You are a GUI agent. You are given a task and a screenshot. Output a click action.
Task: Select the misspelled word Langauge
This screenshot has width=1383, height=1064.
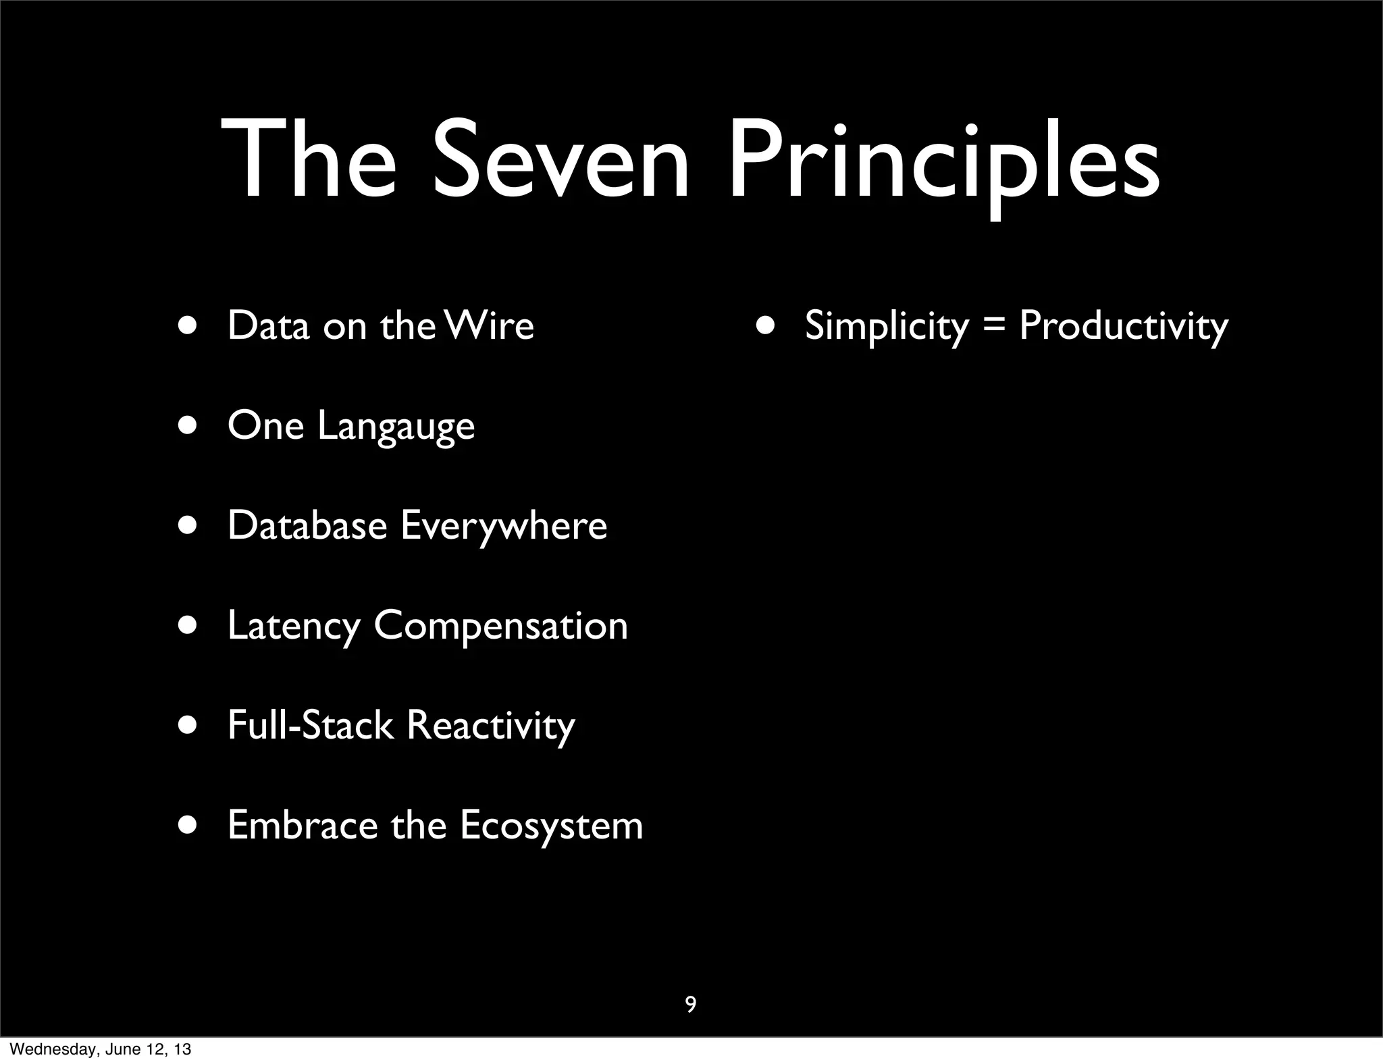point(396,427)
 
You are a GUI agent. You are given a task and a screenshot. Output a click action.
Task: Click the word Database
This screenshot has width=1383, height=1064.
point(307,525)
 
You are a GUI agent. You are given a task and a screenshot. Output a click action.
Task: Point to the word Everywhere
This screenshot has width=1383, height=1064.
point(504,527)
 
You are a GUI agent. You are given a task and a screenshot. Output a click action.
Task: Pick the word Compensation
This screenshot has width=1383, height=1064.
point(500,627)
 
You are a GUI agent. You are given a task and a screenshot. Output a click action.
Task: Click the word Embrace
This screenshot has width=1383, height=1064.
point(303,825)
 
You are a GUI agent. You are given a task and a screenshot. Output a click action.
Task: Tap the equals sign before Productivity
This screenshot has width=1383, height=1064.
point(993,327)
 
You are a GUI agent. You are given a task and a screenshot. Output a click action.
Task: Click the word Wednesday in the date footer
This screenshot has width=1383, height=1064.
point(53,1049)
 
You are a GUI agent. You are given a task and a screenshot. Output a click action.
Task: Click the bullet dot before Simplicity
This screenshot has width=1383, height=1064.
point(766,325)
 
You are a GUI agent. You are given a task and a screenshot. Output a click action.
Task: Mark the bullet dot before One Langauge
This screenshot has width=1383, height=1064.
point(188,427)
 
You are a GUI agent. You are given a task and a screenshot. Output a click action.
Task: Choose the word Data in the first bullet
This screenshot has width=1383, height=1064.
point(268,325)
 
